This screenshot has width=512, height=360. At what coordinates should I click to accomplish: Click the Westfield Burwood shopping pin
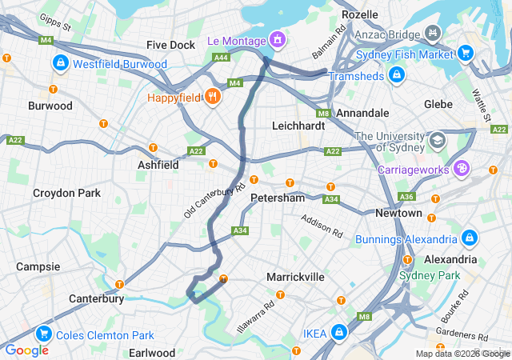[x=60, y=62]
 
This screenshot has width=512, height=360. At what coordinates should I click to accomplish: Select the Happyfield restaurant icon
[x=212, y=97]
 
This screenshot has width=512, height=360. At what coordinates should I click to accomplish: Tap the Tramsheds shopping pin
[x=395, y=74]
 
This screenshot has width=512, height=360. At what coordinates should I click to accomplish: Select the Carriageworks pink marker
[x=461, y=169]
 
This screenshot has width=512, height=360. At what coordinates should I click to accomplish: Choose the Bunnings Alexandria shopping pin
[x=469, y=238]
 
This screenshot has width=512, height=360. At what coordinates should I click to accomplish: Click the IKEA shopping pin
[x=339, y=330]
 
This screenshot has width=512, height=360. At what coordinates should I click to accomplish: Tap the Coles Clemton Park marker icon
[x=44, y=334]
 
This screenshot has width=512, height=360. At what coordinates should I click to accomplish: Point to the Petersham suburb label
[x=278, y=197]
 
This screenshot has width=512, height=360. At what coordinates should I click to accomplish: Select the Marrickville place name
[x=295, y=276]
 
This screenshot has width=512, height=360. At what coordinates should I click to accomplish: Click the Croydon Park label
[x=66, y=193]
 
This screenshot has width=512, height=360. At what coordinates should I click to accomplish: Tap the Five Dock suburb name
[x=171, y=45]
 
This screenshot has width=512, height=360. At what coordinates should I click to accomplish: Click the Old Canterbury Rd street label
[x=214, y=201]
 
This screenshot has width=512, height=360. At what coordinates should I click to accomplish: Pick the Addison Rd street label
[x=321, y=229]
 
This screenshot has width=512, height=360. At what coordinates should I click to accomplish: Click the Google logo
[x=26, y=350]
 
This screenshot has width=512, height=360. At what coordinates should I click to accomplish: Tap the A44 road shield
[x=221, y=57]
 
